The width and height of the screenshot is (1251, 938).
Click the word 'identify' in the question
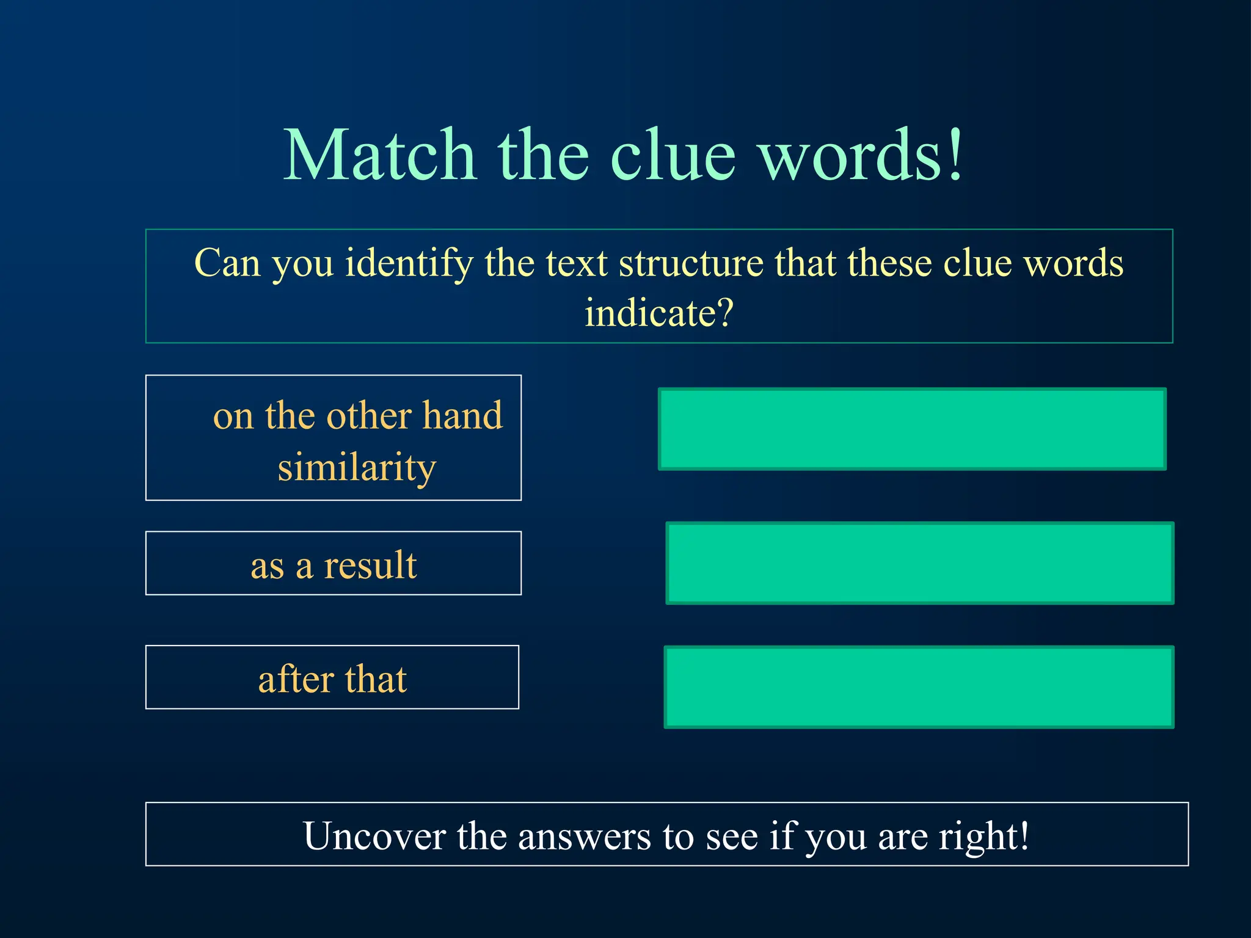tap(409, 264)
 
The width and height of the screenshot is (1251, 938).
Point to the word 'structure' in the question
tap(691, 264)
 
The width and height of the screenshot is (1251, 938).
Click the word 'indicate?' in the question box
tap(658, 313)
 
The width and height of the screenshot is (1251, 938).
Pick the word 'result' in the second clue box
tap(370, 565)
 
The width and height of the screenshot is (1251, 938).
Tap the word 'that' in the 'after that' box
tap(376, 679)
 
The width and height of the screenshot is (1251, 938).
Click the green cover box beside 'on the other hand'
tap(912, 429)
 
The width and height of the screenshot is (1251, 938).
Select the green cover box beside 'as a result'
tap(919, 563)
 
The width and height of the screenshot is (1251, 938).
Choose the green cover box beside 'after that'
tap(919, 687)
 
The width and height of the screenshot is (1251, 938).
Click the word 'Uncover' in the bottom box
tap(374, 835)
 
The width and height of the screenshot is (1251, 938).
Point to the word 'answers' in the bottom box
tap(584, 835)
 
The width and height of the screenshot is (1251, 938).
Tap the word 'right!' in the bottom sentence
tap(983, 835)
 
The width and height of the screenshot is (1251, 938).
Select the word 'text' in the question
tap(576, 264)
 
